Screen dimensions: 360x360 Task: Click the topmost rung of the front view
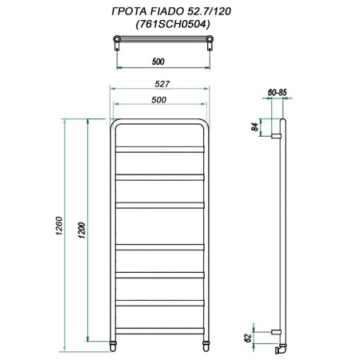(159, 148)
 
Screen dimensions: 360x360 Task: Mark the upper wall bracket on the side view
(276, 137)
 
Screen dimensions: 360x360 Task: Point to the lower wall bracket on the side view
(276, 331)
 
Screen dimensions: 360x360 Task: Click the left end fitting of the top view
(116, 41)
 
